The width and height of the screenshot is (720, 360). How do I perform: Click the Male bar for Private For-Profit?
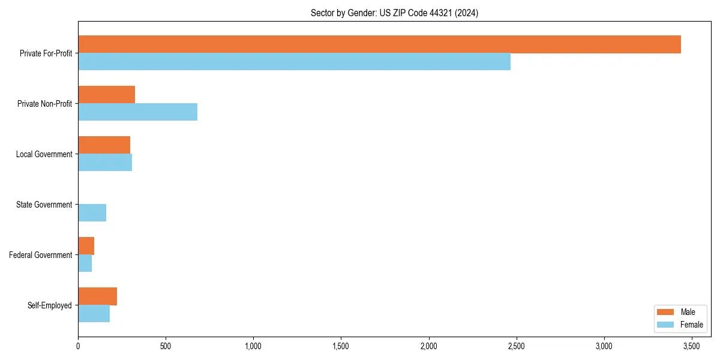(379, 44)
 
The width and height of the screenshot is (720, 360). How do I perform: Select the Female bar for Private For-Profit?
(294, 62)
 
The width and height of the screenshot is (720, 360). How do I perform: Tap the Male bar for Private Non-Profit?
(106, 95)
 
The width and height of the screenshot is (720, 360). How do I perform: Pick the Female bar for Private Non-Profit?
(137, 112)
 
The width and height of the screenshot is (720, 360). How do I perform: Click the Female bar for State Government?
(92, 213)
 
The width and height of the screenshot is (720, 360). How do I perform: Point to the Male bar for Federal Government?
(86, 246)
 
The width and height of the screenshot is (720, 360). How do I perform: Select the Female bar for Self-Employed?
(94, 314)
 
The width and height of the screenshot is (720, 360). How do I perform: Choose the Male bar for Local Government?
(104, 145)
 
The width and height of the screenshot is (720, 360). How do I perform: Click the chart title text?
(394, 13)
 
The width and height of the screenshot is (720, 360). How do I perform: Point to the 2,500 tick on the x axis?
(517, 346)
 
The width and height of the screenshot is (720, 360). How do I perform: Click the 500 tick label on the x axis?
(166, 346)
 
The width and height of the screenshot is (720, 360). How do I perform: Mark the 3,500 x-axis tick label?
(692, 346)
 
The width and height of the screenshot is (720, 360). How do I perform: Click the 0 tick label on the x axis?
(78, 346)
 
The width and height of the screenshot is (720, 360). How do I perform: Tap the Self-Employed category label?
(49, 305)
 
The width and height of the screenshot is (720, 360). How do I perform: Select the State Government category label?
(44, 205)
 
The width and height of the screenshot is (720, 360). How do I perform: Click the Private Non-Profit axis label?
(44, 104)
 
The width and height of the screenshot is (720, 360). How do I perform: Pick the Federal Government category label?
(41, 255)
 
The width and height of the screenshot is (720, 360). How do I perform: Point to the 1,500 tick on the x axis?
(341, 346)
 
